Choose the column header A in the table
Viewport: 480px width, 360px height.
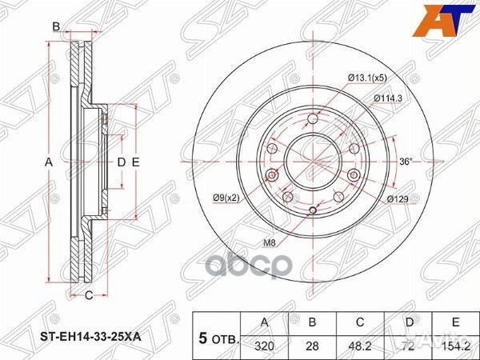pos(266,322)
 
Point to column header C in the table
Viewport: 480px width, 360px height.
pos(362,322)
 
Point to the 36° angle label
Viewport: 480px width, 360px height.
pos(407,162)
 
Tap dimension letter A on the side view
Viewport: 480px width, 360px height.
pos(48,162)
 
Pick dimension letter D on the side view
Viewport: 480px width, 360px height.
pos(122,162)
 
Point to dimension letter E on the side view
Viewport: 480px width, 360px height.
pos(137,162)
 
